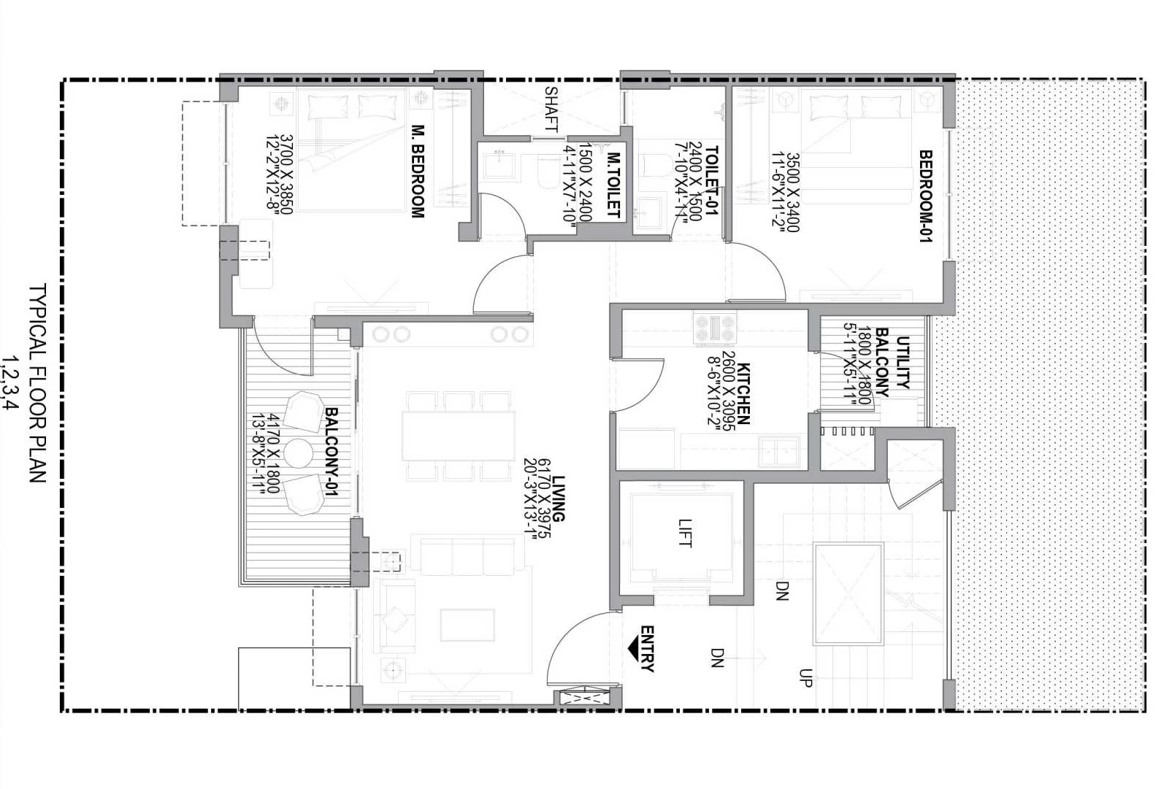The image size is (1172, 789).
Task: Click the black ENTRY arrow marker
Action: pyautogui.click(x=634, y=649)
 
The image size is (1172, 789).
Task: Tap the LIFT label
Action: pyautogui.click(x=684, y=534)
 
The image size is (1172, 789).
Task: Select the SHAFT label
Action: pyautogui.click(x=551, y=109)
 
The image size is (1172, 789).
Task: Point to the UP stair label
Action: pyautogui.click(x=805, y=678)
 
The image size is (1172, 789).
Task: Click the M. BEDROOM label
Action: pyautogui.click(x=417, y=171)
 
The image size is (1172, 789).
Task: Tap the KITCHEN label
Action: pyautogui.click(x=743, y=393)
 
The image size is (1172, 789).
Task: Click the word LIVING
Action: pyautogui.click(x=559, y=499)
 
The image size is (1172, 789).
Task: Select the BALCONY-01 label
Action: pyautogui.click(x=332, y=452)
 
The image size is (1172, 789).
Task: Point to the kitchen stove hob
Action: pyautogui.click(x=715, y=328)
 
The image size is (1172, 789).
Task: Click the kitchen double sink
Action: pyautogui.click(x=779, y=451)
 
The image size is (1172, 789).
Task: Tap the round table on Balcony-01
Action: pyautogui.click(x=298, y=453)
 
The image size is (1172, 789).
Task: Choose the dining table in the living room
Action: pyautogui.click(x=459, y=436)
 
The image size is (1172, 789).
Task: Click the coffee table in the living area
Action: pyautogui.click(x=467, y=625)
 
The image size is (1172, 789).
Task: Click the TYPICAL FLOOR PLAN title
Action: pyautogui.click(x=37, y=382)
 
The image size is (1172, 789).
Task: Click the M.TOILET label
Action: pyautogui.click(x=613, y=185)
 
